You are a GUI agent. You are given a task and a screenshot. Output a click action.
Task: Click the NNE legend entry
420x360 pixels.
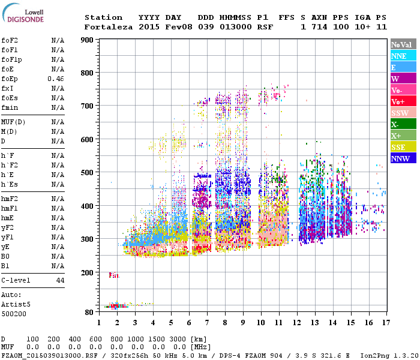pos(403,56)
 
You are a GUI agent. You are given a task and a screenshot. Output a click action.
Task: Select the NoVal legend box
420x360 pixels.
pos(403,44)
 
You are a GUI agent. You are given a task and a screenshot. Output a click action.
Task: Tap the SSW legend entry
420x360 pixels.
pos(403,113)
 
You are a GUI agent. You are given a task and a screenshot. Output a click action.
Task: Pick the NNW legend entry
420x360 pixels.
pos(403,158)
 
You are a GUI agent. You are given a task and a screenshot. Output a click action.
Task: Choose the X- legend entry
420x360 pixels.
pos(403,124)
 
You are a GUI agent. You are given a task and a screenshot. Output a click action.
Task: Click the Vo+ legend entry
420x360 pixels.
pos(403,101)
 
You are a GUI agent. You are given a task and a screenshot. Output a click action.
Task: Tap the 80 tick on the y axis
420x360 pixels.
pos(89,312)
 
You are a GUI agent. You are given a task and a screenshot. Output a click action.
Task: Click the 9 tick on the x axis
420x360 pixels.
pos(242,323)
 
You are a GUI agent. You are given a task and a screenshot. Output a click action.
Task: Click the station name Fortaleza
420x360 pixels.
pos(109,27)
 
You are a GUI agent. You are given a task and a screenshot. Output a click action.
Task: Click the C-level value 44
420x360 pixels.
pos(60,280)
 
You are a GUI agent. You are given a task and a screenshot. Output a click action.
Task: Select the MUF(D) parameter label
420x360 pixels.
pos(14,122)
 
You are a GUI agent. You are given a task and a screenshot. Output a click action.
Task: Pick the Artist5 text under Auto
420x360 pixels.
pos(13,304)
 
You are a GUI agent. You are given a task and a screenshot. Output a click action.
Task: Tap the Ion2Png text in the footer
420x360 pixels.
pos(372,355)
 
